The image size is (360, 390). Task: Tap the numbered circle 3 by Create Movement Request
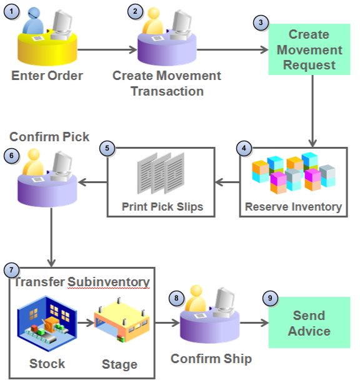coord(261,22)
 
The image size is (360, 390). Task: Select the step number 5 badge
coord(107,148)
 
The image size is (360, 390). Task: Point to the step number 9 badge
coord(270,298)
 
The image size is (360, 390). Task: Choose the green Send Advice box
coord(309,323)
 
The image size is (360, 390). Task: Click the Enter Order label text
coord(47,76)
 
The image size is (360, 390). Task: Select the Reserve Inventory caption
coord(293,206)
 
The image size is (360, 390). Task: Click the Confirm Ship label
coord(211,359)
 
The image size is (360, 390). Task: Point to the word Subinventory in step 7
coord(109,282)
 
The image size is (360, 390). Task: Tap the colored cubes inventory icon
coord(293,173)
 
